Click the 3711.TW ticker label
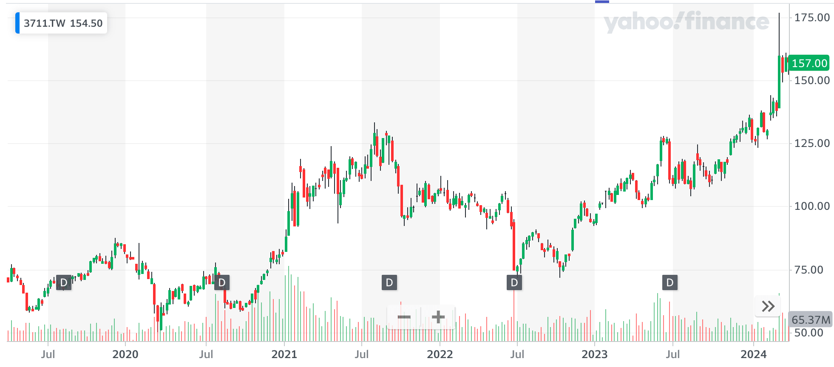click(44, 23)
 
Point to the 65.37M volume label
click(811, 320)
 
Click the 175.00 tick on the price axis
click(812, 18)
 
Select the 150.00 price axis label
click(812, 81)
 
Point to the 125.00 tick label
click(812, 144)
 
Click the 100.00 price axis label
click(812, 206)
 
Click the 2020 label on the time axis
click(125, 354)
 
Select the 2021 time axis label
click(284, 354)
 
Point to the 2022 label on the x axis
click(440, 354)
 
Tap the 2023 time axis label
click(594, 354)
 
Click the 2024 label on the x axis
click(753, 354)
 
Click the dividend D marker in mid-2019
click(64, 282)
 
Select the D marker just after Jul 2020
click(221, 282)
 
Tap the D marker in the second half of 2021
click(389, 282)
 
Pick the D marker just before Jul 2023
click(670, 282)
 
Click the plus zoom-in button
click(438, 317)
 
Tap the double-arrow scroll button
click(768, 306)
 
